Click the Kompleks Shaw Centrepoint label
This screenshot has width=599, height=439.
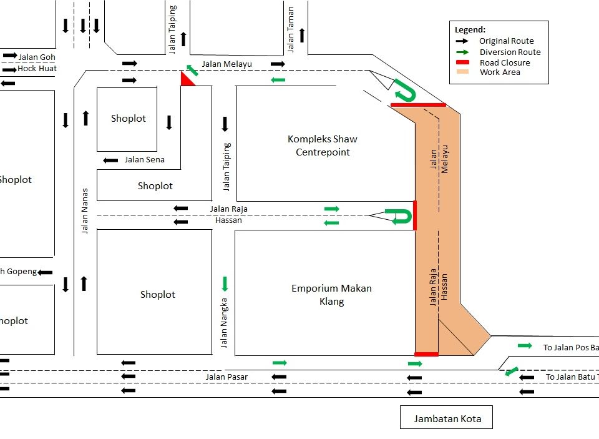323,146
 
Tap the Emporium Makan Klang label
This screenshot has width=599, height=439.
331,294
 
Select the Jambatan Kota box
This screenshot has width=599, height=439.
447,418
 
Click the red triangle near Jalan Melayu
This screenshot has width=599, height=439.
187,79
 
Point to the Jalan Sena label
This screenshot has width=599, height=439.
144,159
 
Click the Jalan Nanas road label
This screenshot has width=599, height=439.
85,210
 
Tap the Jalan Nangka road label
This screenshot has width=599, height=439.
225,323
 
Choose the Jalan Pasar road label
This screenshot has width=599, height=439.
226,377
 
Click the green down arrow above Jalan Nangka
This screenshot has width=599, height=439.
225,284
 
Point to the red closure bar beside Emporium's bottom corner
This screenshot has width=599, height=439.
426,354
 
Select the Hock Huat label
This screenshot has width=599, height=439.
36,69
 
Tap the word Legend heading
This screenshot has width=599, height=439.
470,29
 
